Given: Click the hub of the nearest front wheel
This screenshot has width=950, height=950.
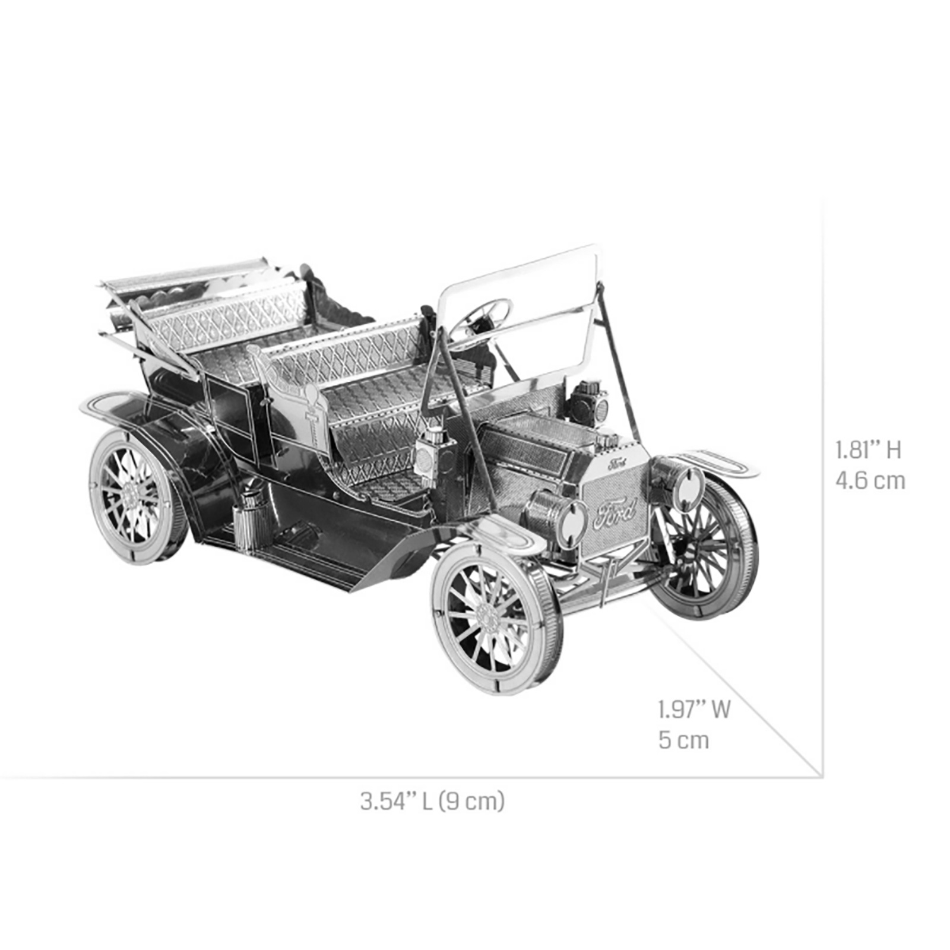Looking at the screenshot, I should pyautogui.click(x=489, y=619).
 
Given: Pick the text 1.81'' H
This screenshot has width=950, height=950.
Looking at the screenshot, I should pyautogui.click(x=868, y=450).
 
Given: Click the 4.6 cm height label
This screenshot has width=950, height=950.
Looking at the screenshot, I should pyautogui.click(x=870, y=480).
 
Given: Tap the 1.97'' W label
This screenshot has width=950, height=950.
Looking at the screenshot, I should pyautogui.click(x=693, y=710).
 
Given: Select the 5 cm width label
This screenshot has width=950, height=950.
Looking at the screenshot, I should pyautogui.click(x=683, y=740).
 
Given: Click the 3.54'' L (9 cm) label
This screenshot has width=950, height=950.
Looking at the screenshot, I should pyautogui.click(x=432, y=801).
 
